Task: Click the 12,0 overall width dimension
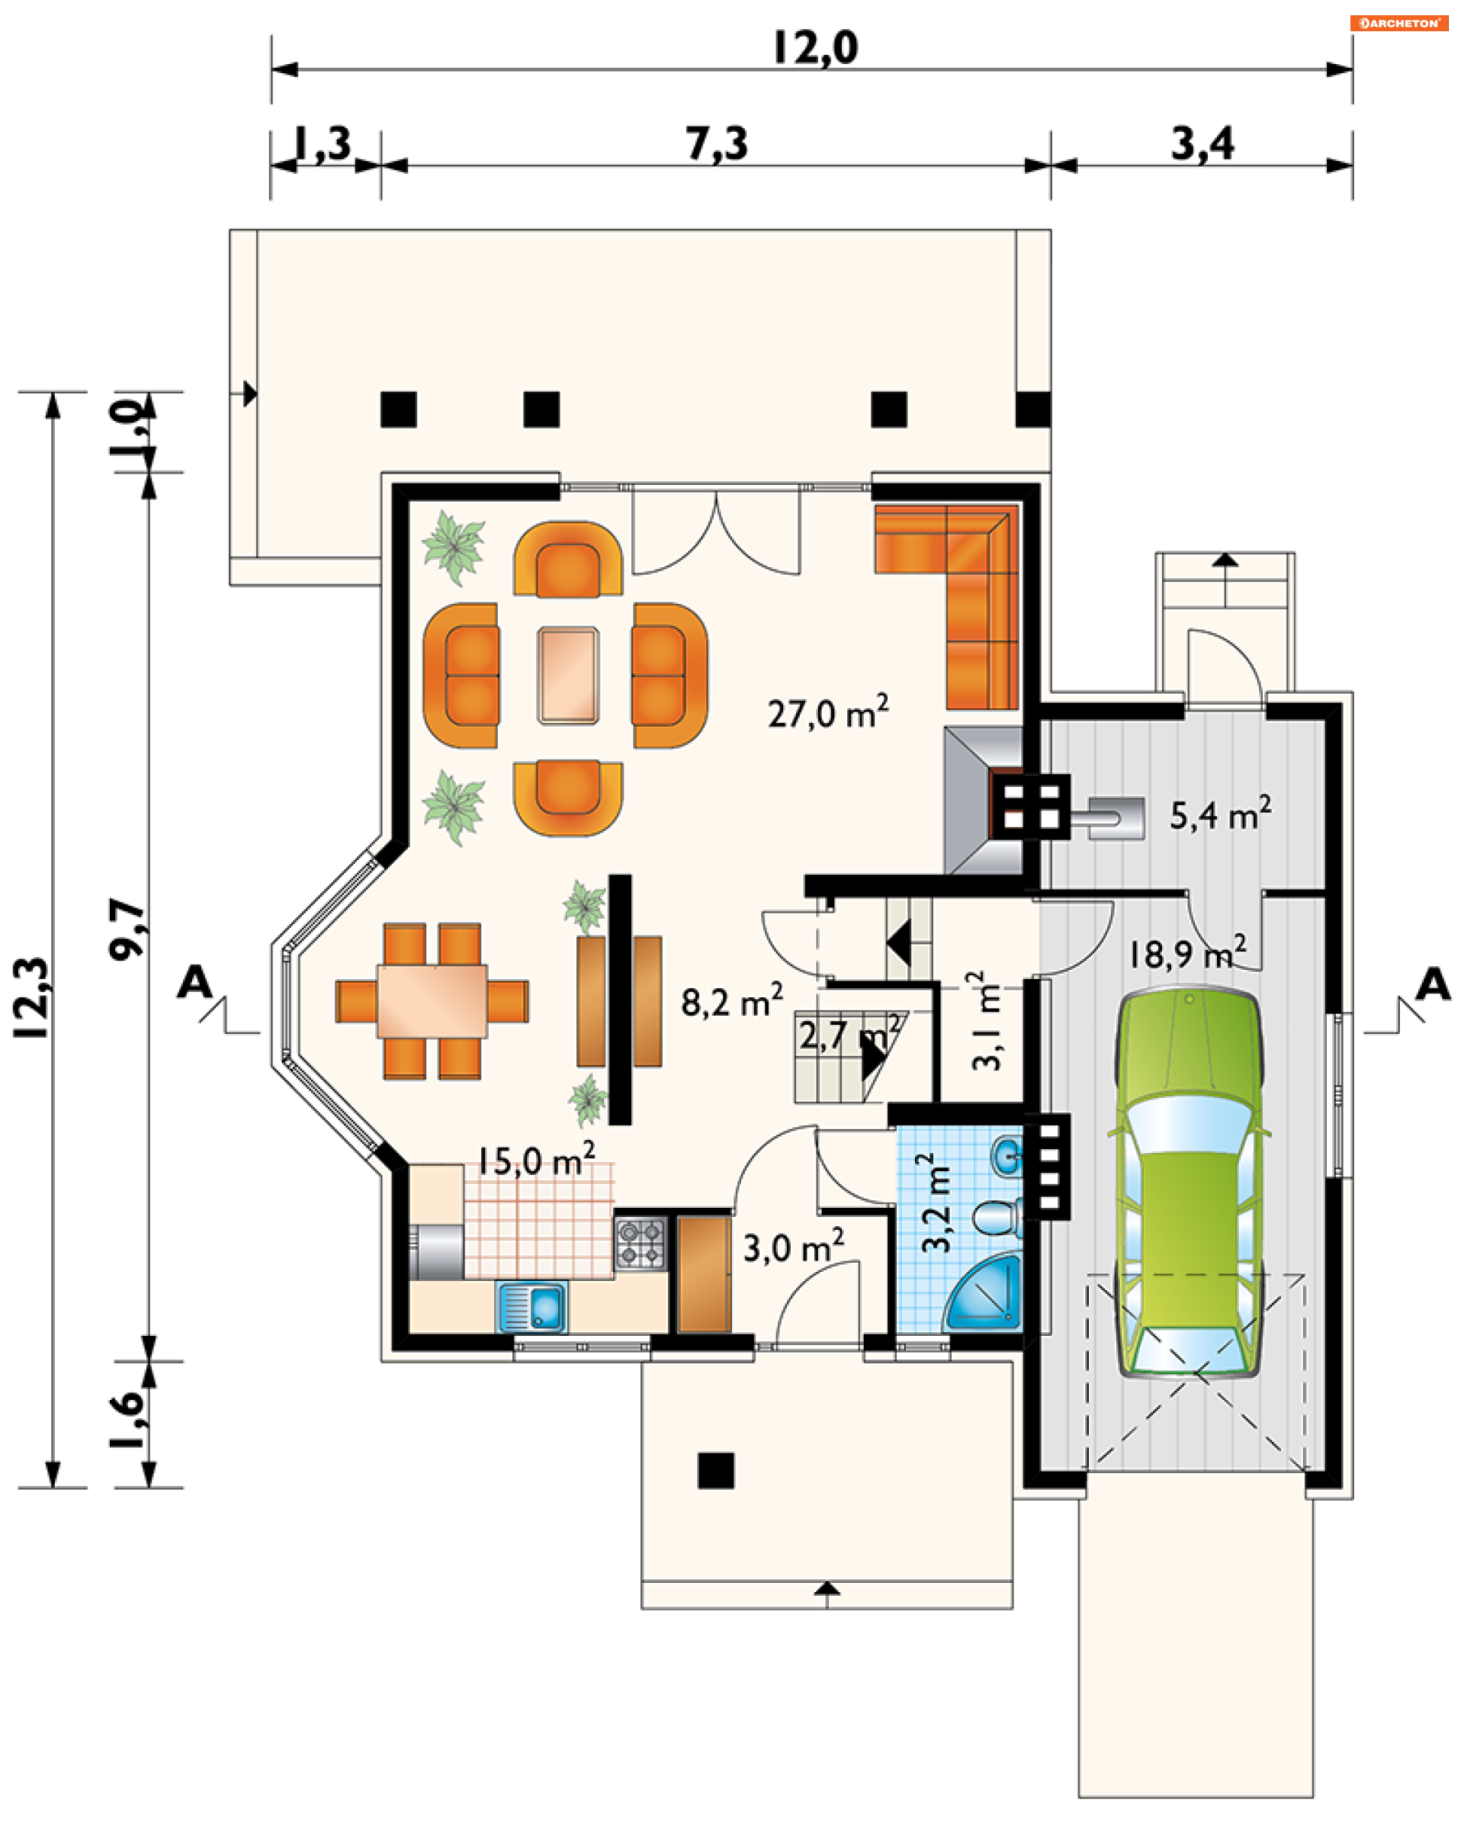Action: coord(815,47)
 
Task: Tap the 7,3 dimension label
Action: coord(718,143)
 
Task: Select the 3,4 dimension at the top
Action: coord(1202,143)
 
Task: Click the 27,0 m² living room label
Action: coord(828,713)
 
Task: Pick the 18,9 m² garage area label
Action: coord(1187,953)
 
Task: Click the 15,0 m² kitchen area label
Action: coord(535,1161)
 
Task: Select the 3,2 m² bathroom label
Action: coord(937,1202)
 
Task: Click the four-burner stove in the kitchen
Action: coord(640,1244)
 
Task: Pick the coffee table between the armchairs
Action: coord(568,676)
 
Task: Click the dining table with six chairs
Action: coord(432,1002)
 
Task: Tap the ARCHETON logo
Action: coord(1398,23)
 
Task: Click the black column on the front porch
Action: coord(715,1471)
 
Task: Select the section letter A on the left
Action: coord(194,982)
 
